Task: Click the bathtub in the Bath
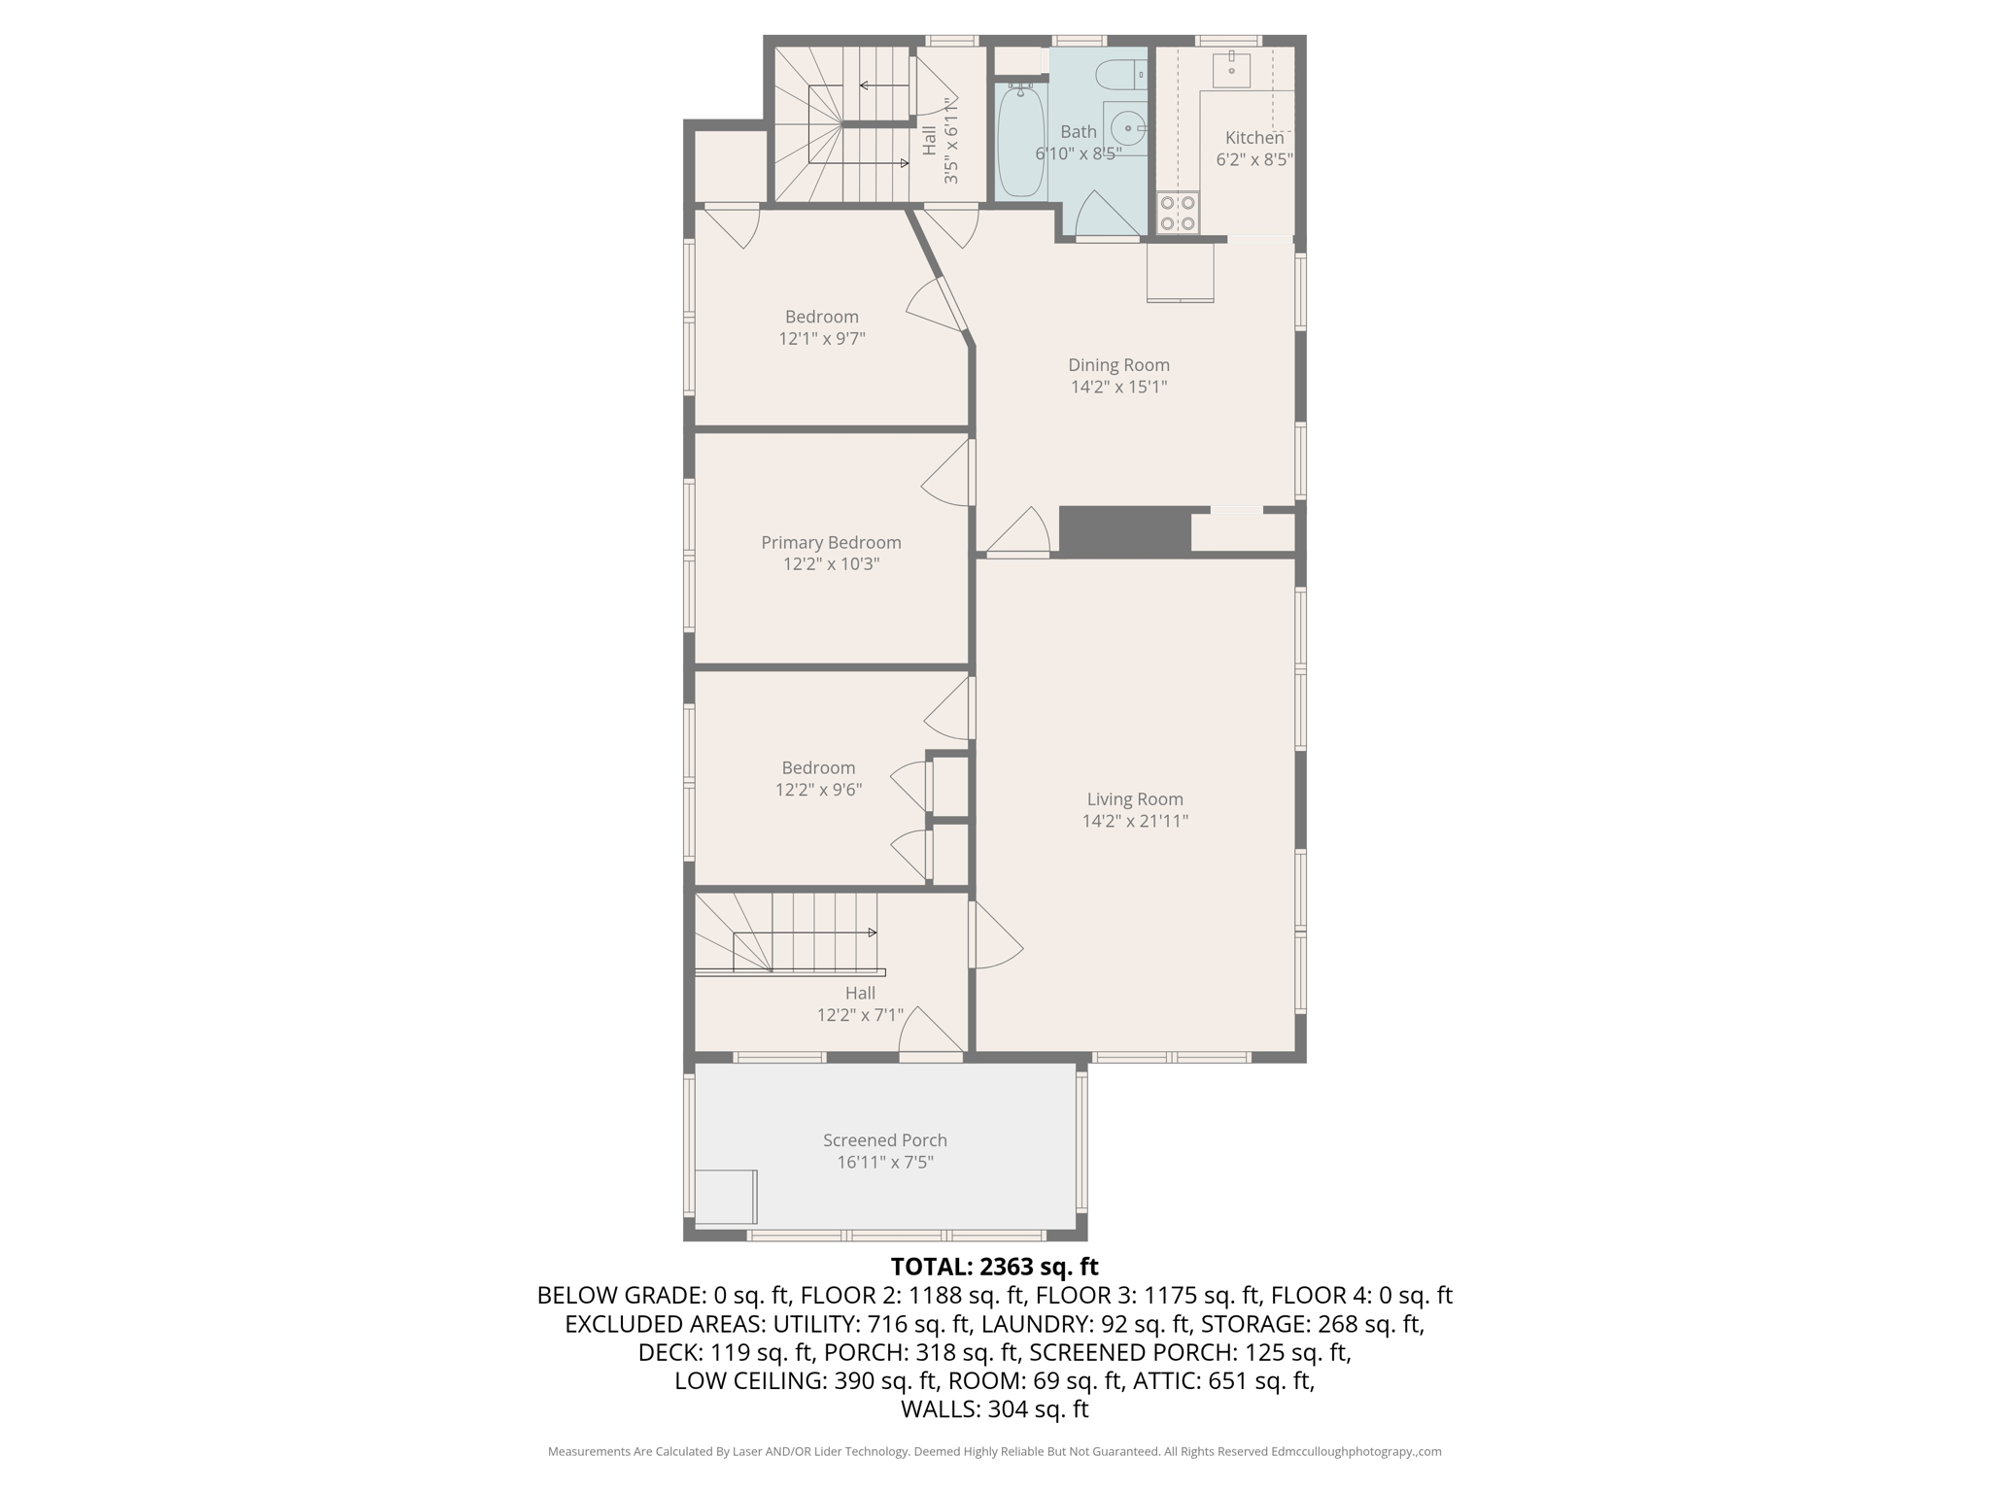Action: click(x=1019, y=141)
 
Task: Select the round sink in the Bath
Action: click(x=1128, y=127)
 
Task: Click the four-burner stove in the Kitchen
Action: click(x=1178, y=213)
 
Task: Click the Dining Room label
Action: click(x=1118, y=365)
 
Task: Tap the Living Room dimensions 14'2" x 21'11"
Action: click(x=1135, y=821)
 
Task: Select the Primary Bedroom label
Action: click(x=831, y=543)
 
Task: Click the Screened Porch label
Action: click(x=884, y=1140)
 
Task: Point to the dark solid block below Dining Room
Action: click(x=1125, y=531)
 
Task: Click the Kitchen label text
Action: click(x=1253, y=138)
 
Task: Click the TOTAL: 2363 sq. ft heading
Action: click(x=994, y=1267)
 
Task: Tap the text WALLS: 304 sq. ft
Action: click(x=994, y=1409)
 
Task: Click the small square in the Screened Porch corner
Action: click(x=726, y=1197)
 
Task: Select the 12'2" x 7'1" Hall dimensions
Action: click(x=860, y=1015)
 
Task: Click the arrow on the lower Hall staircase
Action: click(x=872, y=932)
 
